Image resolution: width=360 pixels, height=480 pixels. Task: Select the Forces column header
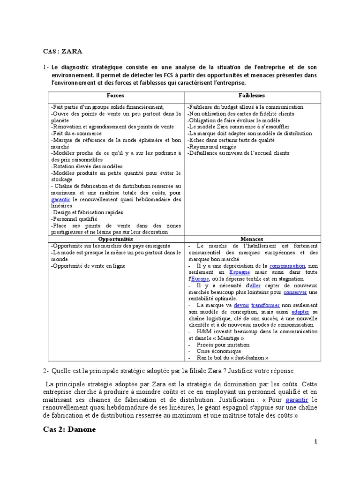(x=115, y=95)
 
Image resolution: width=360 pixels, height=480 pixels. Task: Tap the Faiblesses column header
(x=252, y=95)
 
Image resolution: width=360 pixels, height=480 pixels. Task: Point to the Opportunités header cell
(x=115, y=239)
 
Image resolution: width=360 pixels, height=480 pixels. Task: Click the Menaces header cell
(x=252, y=239)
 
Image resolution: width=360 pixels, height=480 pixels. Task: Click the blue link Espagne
(x=240, y=272)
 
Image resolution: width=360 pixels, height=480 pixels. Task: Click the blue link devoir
(x=241, y=305)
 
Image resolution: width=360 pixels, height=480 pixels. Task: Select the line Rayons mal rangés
(x=211, y=147)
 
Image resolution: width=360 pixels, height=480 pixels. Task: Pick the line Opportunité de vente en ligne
(x=89, y=266)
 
